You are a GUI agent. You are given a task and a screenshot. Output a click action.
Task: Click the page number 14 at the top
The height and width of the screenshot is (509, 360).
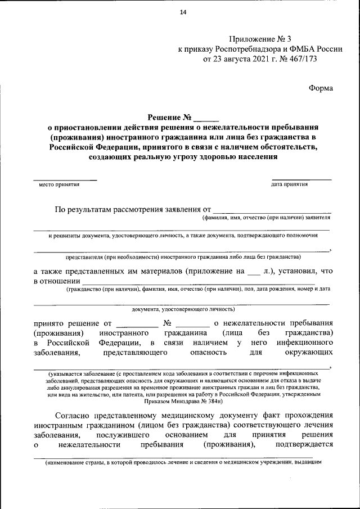coord(183,13)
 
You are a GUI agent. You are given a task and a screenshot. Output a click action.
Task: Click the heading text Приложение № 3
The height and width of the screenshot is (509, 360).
coord(260,39)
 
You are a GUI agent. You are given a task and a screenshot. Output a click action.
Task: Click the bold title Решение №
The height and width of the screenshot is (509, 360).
coord(169,118)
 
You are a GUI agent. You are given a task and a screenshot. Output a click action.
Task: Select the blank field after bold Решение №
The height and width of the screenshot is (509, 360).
coord(206,119)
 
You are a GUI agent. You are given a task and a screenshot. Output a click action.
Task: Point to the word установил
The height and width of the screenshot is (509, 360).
coord(300,271)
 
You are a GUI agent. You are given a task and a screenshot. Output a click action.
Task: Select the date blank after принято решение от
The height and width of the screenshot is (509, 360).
coord(137,324)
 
